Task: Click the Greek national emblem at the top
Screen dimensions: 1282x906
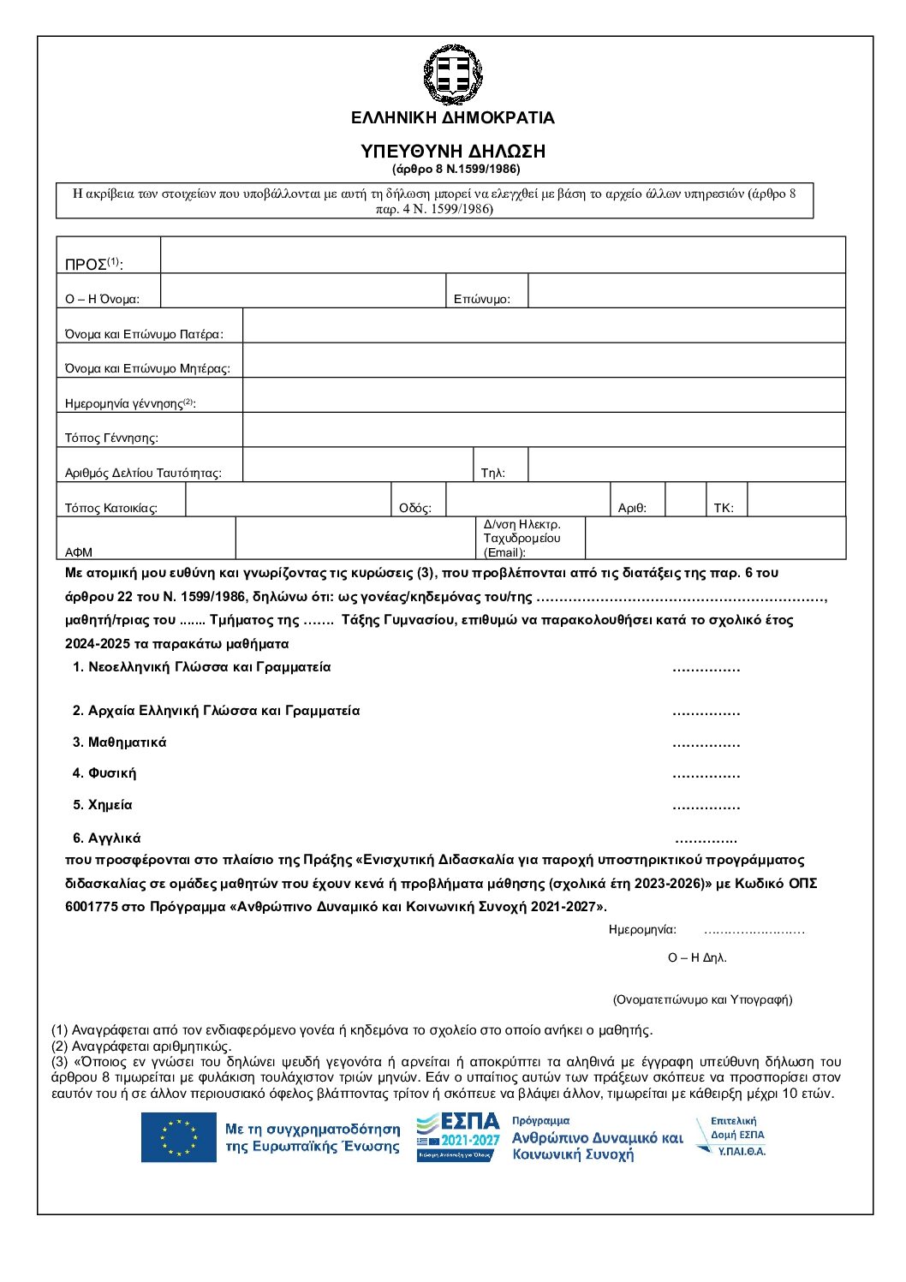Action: pos(452,75)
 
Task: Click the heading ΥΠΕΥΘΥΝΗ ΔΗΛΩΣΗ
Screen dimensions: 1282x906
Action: pos(452,152)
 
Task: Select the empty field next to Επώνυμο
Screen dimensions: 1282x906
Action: pos(686,291)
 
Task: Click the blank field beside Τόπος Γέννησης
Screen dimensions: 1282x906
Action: pos(544,430)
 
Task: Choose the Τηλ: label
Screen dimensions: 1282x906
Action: pos(493,473)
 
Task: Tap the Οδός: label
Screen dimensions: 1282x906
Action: pos(415,508)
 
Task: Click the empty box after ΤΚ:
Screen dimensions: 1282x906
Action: pos(796,500)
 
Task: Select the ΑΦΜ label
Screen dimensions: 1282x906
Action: pos(79,552)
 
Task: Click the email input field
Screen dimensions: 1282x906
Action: pos(715,539)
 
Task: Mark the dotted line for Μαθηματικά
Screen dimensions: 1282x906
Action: pos(706,744)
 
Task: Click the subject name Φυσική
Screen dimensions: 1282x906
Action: pos(111,773)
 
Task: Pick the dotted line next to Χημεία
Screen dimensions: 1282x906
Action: pos(706,807)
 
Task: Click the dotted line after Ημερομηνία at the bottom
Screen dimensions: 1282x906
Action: pos(754,931)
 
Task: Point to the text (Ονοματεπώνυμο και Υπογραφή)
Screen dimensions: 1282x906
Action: pos(702,999)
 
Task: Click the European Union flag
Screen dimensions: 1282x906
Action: pos(179,1137)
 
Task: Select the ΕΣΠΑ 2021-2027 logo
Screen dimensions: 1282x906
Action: pos(458,1136)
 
